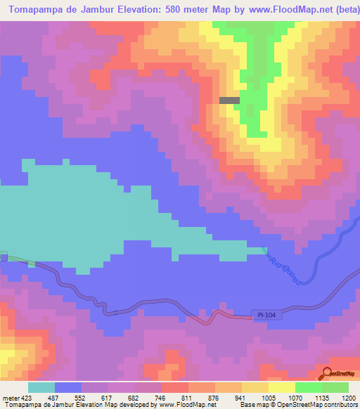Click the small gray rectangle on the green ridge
pos(229,100)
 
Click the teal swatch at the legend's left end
pos(41,387)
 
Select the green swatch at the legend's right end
pos(335,387)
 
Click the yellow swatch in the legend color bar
pos(281,387)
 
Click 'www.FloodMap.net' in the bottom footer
pos(188,405)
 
